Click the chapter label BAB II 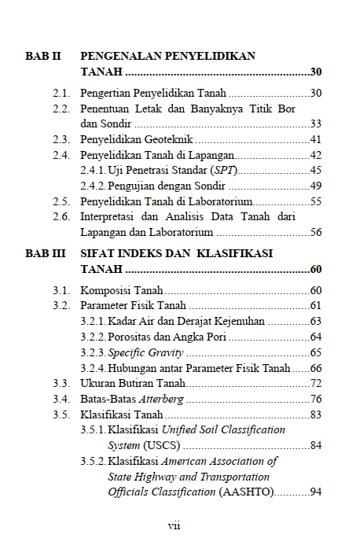42,57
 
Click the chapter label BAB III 46,255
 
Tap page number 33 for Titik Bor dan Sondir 316,123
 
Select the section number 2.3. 62,139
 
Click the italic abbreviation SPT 226,170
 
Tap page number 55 316,201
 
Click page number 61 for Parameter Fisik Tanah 316,306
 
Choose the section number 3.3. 62,383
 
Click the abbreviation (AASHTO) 245,492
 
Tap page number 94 316,492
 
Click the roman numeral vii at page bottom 174,525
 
